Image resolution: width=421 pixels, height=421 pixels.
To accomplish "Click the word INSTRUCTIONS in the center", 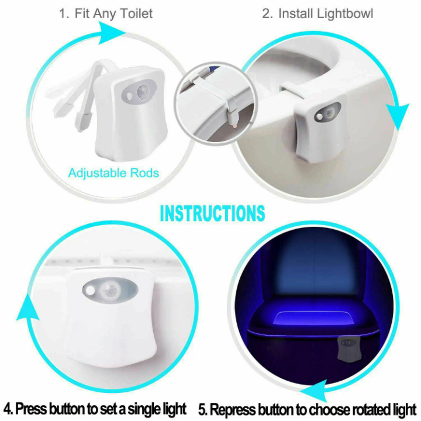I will pos(212,213).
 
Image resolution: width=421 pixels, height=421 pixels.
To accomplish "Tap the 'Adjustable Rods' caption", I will pos(113,173).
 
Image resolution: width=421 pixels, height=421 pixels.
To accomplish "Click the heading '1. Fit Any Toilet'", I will pos(106,13).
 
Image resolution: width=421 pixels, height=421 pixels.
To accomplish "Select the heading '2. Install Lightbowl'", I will pos(317,13).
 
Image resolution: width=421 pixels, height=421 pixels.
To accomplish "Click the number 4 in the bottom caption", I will pos(8,408).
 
